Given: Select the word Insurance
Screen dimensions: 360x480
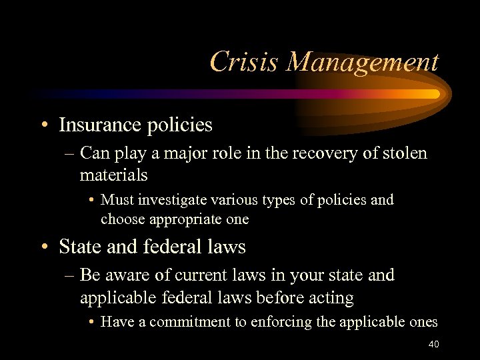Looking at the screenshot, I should click(100, 125).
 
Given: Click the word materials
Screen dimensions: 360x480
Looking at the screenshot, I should click(113, 175).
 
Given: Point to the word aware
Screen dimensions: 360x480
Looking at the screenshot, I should click(128, 275).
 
